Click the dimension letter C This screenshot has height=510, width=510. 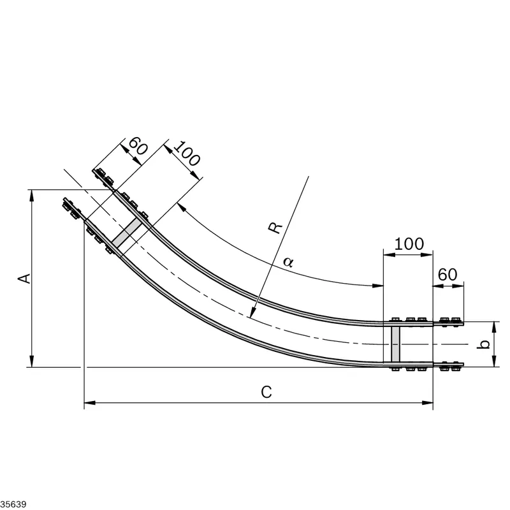pyautogui.click(x=266, y=392)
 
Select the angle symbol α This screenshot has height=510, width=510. pyautogui.click(x=288, y=261)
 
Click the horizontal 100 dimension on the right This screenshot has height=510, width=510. pyautogui.click(x=409, y=244)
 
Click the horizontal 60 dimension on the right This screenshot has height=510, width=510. pyautogui.click(x=448, y=275)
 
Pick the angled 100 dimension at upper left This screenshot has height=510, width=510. pyautogui.click(x=186, y=154)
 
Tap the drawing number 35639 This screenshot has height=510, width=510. pyautogui.click(x=13, y=504)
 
